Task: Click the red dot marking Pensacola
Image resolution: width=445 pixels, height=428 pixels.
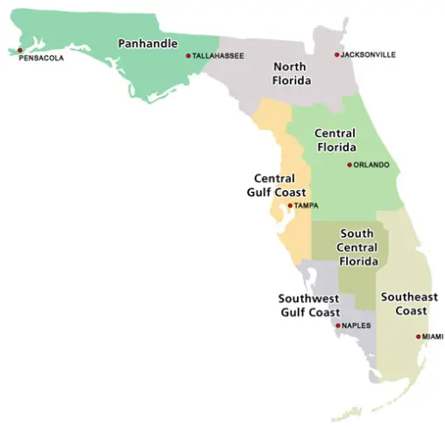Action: (x=20, y=50)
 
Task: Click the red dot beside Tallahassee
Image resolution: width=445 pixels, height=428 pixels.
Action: (x=187, y=56)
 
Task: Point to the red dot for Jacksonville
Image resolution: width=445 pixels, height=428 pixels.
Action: (x=336, y=55)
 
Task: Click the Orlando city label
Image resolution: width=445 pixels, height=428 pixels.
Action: (x=371, y=165)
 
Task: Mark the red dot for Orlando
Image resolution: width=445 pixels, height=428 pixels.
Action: (x=350, y=165)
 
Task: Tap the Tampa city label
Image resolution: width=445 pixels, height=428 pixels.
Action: (x=306, y=206)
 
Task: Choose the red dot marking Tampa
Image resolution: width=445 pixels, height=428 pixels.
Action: (x=289, y=206)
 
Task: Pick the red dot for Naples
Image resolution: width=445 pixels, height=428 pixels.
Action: (x=337, y=326)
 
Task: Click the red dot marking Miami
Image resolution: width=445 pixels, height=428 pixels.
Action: (x=418, y=337)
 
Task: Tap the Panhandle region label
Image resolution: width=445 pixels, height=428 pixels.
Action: (x=148, y=43)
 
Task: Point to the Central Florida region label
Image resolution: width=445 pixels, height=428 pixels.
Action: (x=335, y=140)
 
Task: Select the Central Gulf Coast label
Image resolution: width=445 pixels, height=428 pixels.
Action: (x=275, y=185)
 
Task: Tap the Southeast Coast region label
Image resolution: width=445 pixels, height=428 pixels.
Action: (x=409, y=303)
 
